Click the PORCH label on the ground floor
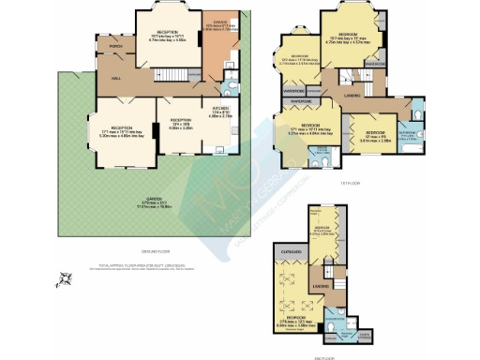pos(116,45)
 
